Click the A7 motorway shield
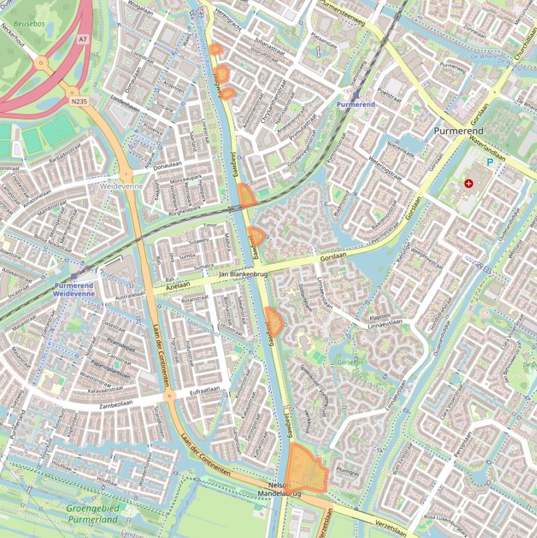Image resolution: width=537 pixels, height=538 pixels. [83, 40]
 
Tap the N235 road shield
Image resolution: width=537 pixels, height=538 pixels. [79, 101]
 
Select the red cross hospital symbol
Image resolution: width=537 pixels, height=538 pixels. [468, 184]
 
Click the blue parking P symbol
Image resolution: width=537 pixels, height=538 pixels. [490, 161]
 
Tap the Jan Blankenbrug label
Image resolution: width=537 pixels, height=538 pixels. [244, 274]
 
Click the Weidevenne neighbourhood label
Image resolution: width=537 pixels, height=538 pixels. [121, 187]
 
